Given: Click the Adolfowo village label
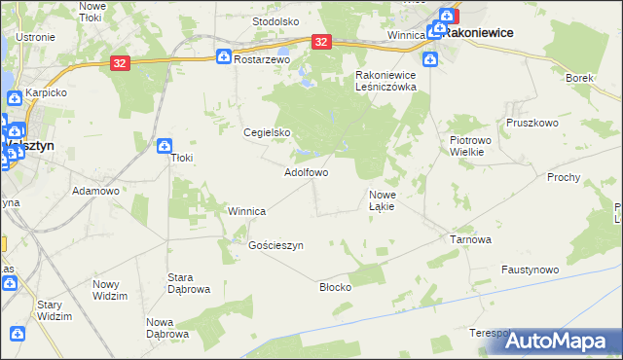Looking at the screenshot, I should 305,172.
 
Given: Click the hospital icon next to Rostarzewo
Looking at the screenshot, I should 223,58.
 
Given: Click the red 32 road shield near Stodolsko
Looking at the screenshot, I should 322,42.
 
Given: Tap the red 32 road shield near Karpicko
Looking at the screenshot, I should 119,62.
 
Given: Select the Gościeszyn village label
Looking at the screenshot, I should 276,246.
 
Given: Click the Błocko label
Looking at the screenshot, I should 335,287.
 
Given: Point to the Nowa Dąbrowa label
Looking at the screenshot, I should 166,328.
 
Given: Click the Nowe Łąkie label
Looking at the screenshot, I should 381,200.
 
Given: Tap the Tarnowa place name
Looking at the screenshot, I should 469,238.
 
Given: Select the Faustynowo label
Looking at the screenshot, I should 530,269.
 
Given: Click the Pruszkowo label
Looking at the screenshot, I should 531,124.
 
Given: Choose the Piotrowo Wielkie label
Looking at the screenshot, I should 476,146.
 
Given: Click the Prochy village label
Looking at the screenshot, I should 564,177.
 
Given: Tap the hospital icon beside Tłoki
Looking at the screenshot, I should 164,145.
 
